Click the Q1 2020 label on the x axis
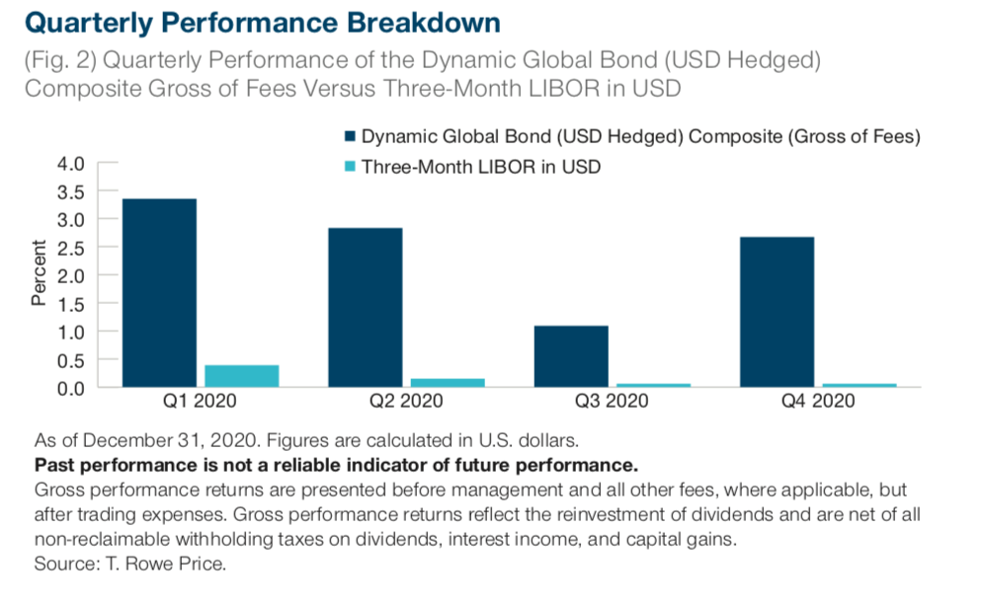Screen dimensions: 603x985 pos(198,403)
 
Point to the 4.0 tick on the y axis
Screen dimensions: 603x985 pos(75,162)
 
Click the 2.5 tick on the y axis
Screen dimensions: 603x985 pos(75,247)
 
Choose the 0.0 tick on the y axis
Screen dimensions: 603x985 pos(75,388)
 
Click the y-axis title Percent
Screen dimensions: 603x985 pos(39,273)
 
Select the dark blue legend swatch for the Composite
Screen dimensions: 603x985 pos(349,137)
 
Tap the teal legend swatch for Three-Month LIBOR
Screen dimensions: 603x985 pos(349,167)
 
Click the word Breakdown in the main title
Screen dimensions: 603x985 pos(419,21)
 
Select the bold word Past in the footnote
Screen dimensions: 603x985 pos(54,463)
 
